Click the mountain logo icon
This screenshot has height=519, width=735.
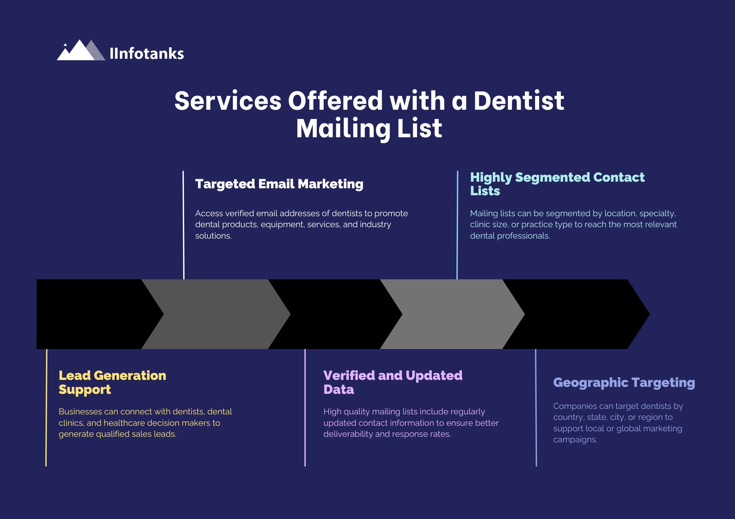81,51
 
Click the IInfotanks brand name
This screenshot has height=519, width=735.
147,54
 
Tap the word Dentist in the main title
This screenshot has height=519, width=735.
519,101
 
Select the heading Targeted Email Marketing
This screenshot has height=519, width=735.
279,184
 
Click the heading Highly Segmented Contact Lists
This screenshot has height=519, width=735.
557,184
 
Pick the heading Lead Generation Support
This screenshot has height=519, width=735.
112,382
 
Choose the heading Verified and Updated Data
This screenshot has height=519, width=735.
392,382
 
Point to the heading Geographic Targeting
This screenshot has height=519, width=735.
624,382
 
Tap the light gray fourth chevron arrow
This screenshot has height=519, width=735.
452,314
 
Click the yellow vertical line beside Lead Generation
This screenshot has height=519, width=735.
46,407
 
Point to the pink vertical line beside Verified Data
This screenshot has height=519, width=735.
305,407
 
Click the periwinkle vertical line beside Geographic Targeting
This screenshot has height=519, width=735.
536,407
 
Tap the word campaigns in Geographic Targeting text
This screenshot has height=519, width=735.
575,440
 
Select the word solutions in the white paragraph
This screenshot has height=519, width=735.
213,236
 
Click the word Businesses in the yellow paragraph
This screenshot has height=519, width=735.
80,412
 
